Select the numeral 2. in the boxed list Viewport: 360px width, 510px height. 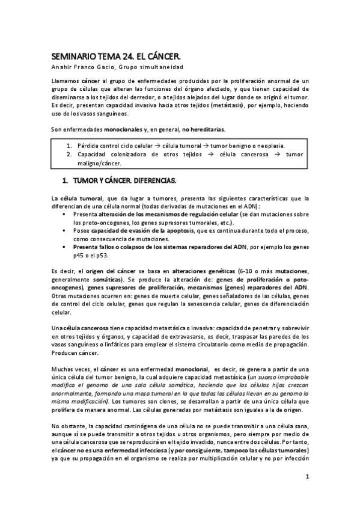[x=70, y=155]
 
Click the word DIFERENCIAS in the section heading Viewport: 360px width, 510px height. [x=151, y=180]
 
